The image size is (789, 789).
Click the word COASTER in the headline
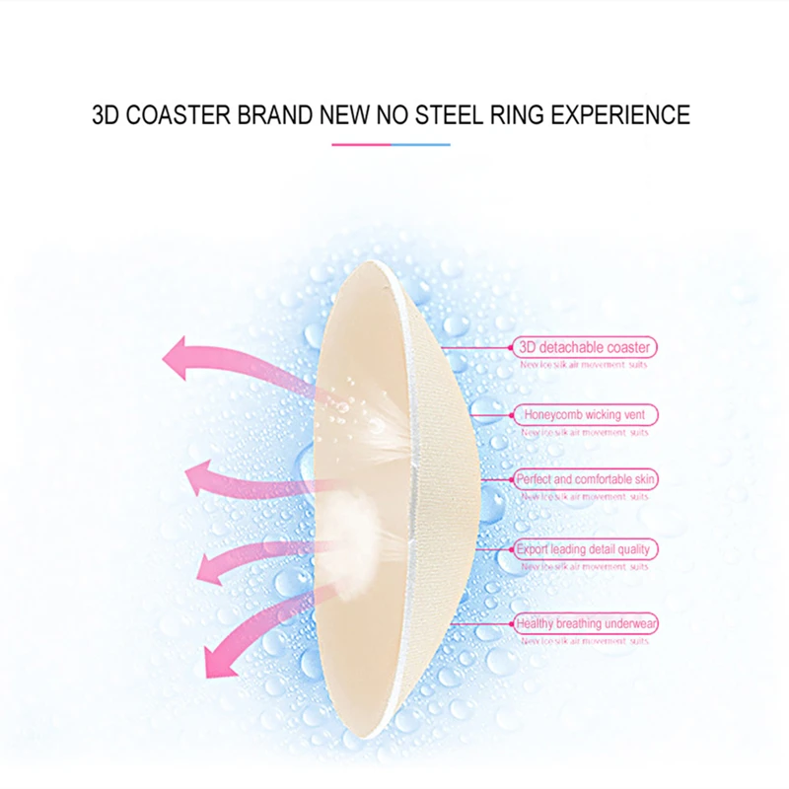click(178, 114)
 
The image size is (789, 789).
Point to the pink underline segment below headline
click(361, 145)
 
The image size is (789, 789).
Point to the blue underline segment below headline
click(421, 145)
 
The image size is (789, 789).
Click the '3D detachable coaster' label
click(585, 347)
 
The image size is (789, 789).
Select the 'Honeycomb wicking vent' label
click(585, 415)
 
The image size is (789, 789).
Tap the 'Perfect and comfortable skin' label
click(585, 479)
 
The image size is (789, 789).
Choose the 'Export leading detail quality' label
click(585, 549)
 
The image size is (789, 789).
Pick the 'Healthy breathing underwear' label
click(585, 623)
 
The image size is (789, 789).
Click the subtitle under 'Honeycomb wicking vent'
click(585, 432)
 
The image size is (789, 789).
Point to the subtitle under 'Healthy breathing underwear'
click(585, 641)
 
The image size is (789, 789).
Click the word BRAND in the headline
click(272, 114)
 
